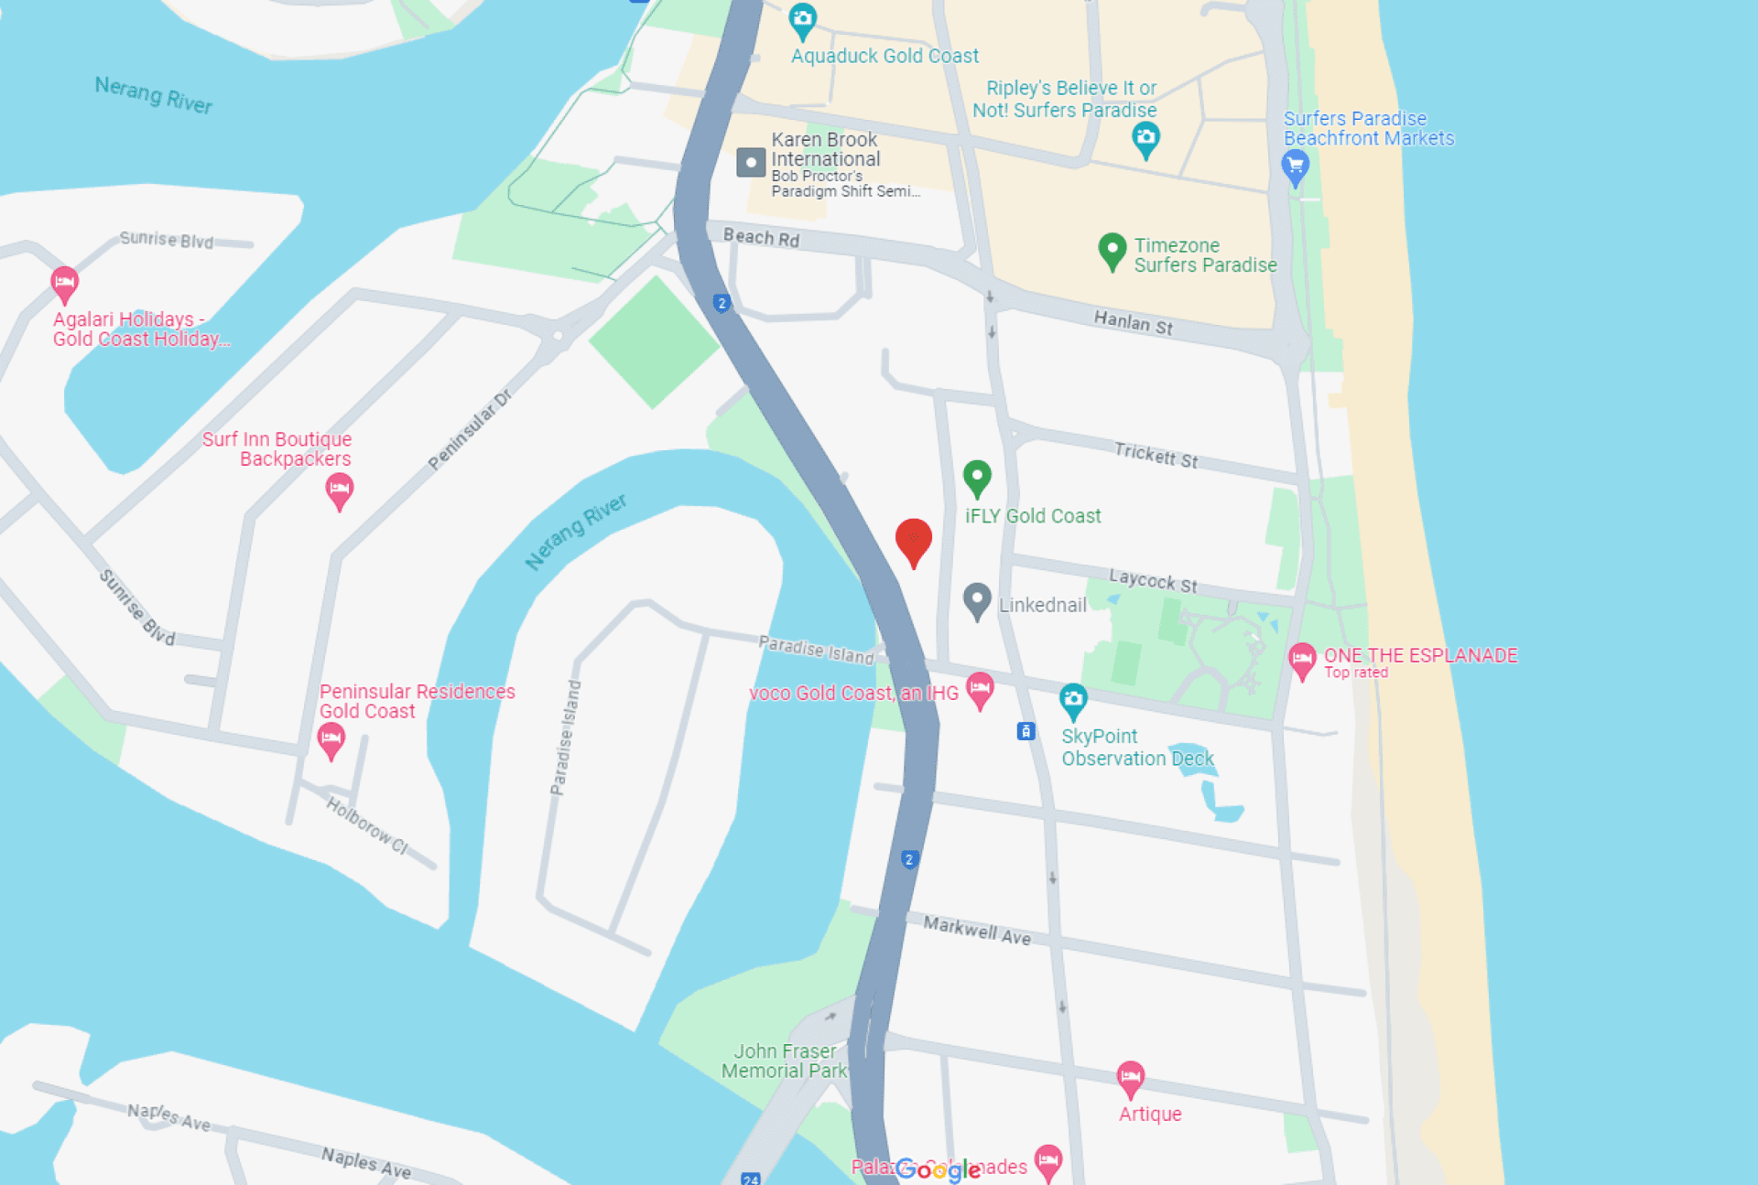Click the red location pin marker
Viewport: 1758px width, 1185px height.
click(913, 540)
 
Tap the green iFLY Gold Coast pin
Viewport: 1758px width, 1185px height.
click(977, 477)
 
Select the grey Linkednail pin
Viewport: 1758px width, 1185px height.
click(977, 600)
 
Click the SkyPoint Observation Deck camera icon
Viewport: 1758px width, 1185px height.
click(1073, 700)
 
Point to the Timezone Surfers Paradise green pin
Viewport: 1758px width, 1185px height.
click(1112, 250)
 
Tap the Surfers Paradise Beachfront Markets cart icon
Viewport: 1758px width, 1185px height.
click(1295, 167)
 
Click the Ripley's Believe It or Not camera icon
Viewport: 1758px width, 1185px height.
click(1145, 139)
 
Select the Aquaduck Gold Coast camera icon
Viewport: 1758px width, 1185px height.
click(802, 19)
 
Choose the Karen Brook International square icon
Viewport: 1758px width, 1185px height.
click(751, 163)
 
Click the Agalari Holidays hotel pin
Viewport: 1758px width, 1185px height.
click(64, 283)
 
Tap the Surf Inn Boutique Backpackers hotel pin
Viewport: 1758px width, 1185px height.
click(339, 490)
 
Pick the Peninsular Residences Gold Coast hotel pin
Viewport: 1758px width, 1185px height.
click(331, 738)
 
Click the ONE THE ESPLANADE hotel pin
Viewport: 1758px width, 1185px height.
click(1302, 659)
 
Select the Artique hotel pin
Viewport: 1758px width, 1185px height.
click(1131, 1077)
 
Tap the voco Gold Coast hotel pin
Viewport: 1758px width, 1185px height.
click(980, 688)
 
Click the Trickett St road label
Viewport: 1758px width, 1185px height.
click(1156, 454)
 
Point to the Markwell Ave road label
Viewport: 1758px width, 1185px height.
click(977, 930)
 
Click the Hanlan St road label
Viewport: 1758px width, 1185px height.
click(1133, 322)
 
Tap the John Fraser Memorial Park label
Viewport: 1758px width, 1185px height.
click(785, 1061)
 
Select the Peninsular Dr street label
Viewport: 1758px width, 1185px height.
click(470, 429)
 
